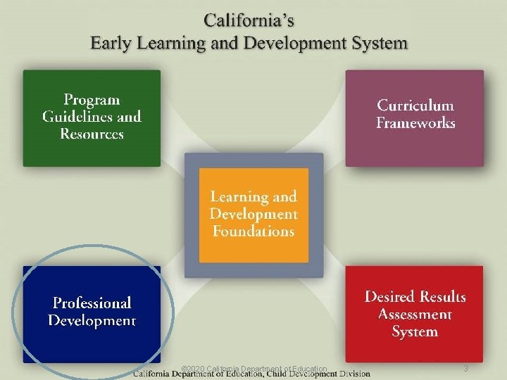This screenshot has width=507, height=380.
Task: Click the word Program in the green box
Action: point(92,100)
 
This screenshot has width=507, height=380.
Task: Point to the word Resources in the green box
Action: point(92,134)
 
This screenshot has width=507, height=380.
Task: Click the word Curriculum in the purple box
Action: point(415,106)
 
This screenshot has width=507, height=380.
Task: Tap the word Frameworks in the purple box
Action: point(415,123)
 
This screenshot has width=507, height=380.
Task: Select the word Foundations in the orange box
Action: point(253,231)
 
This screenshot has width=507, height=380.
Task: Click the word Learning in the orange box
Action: point(236,197)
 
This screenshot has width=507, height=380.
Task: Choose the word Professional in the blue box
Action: point(92,303)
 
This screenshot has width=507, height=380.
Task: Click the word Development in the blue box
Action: point(92,321)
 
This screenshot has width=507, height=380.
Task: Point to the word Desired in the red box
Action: point(390,296)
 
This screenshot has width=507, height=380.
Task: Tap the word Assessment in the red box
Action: point(415,314)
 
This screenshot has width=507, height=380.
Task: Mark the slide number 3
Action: point(465,369)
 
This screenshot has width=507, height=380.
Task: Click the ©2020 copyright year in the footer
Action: point(193,369)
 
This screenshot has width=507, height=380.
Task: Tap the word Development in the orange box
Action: point(253,214)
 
